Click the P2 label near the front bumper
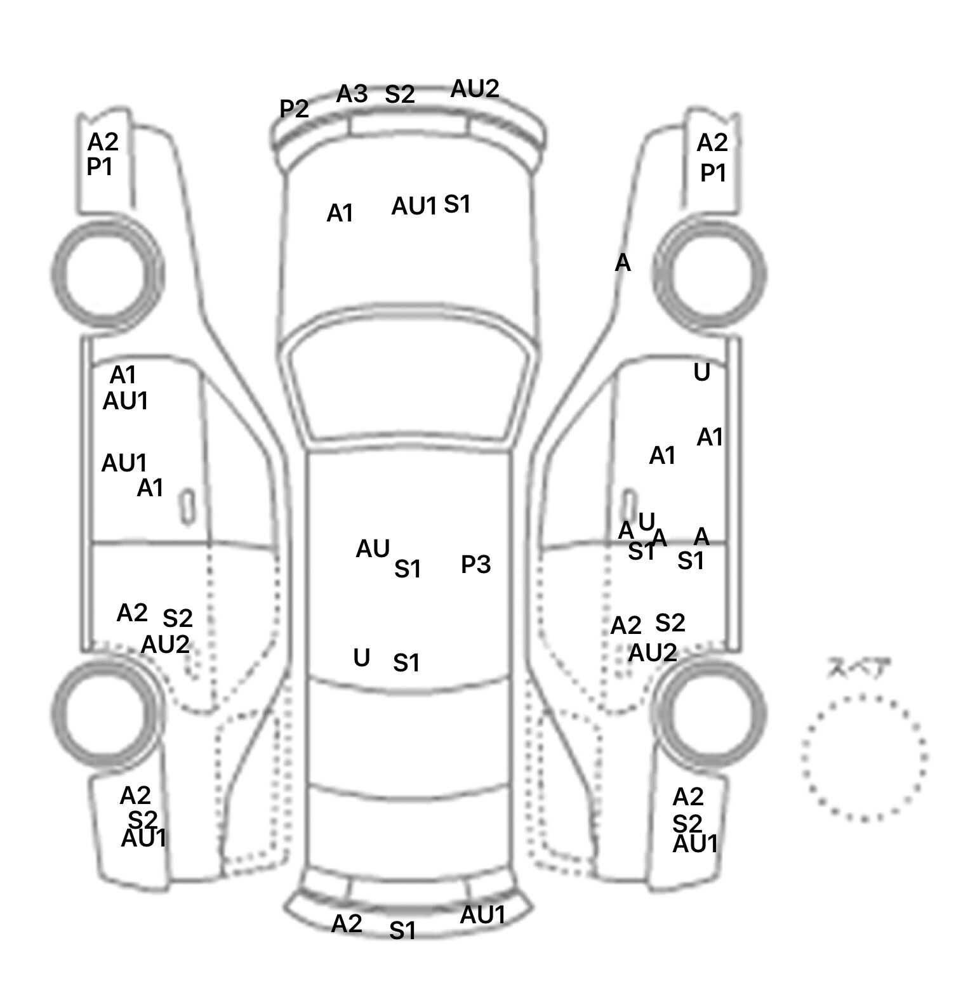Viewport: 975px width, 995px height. (x=294, y=109)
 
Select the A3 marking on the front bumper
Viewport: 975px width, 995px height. (x=352, y=95)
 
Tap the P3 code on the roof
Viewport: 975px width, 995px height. (x=475, y=564)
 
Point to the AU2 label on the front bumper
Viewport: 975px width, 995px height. (x=475, y=89)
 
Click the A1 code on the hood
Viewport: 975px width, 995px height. (x=340, y=214)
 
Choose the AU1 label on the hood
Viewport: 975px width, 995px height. (x=414, y=206)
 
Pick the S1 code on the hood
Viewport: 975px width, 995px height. (x=457, y=204)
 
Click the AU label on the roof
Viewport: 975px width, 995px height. (x=373, y=550)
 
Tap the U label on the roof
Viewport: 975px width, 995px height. (x=361, y=658)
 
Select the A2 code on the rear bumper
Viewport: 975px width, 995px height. (x=347, y=923)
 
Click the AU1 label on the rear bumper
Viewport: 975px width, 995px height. (x=482, y=915)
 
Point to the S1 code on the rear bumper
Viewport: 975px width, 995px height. (x=402, y=931)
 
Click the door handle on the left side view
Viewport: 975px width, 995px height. (x=187, y=506)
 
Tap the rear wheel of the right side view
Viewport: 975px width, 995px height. (x=711, y=714)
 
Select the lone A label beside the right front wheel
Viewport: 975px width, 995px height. (x=623, y=263)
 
